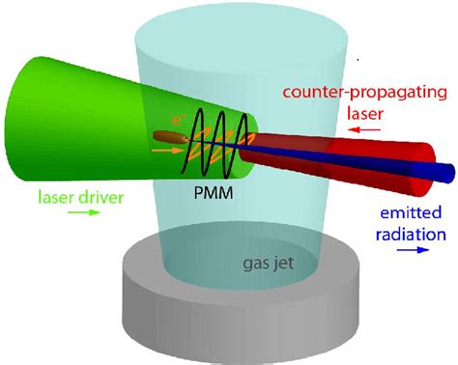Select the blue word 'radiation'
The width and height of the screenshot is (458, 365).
point(411,232)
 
